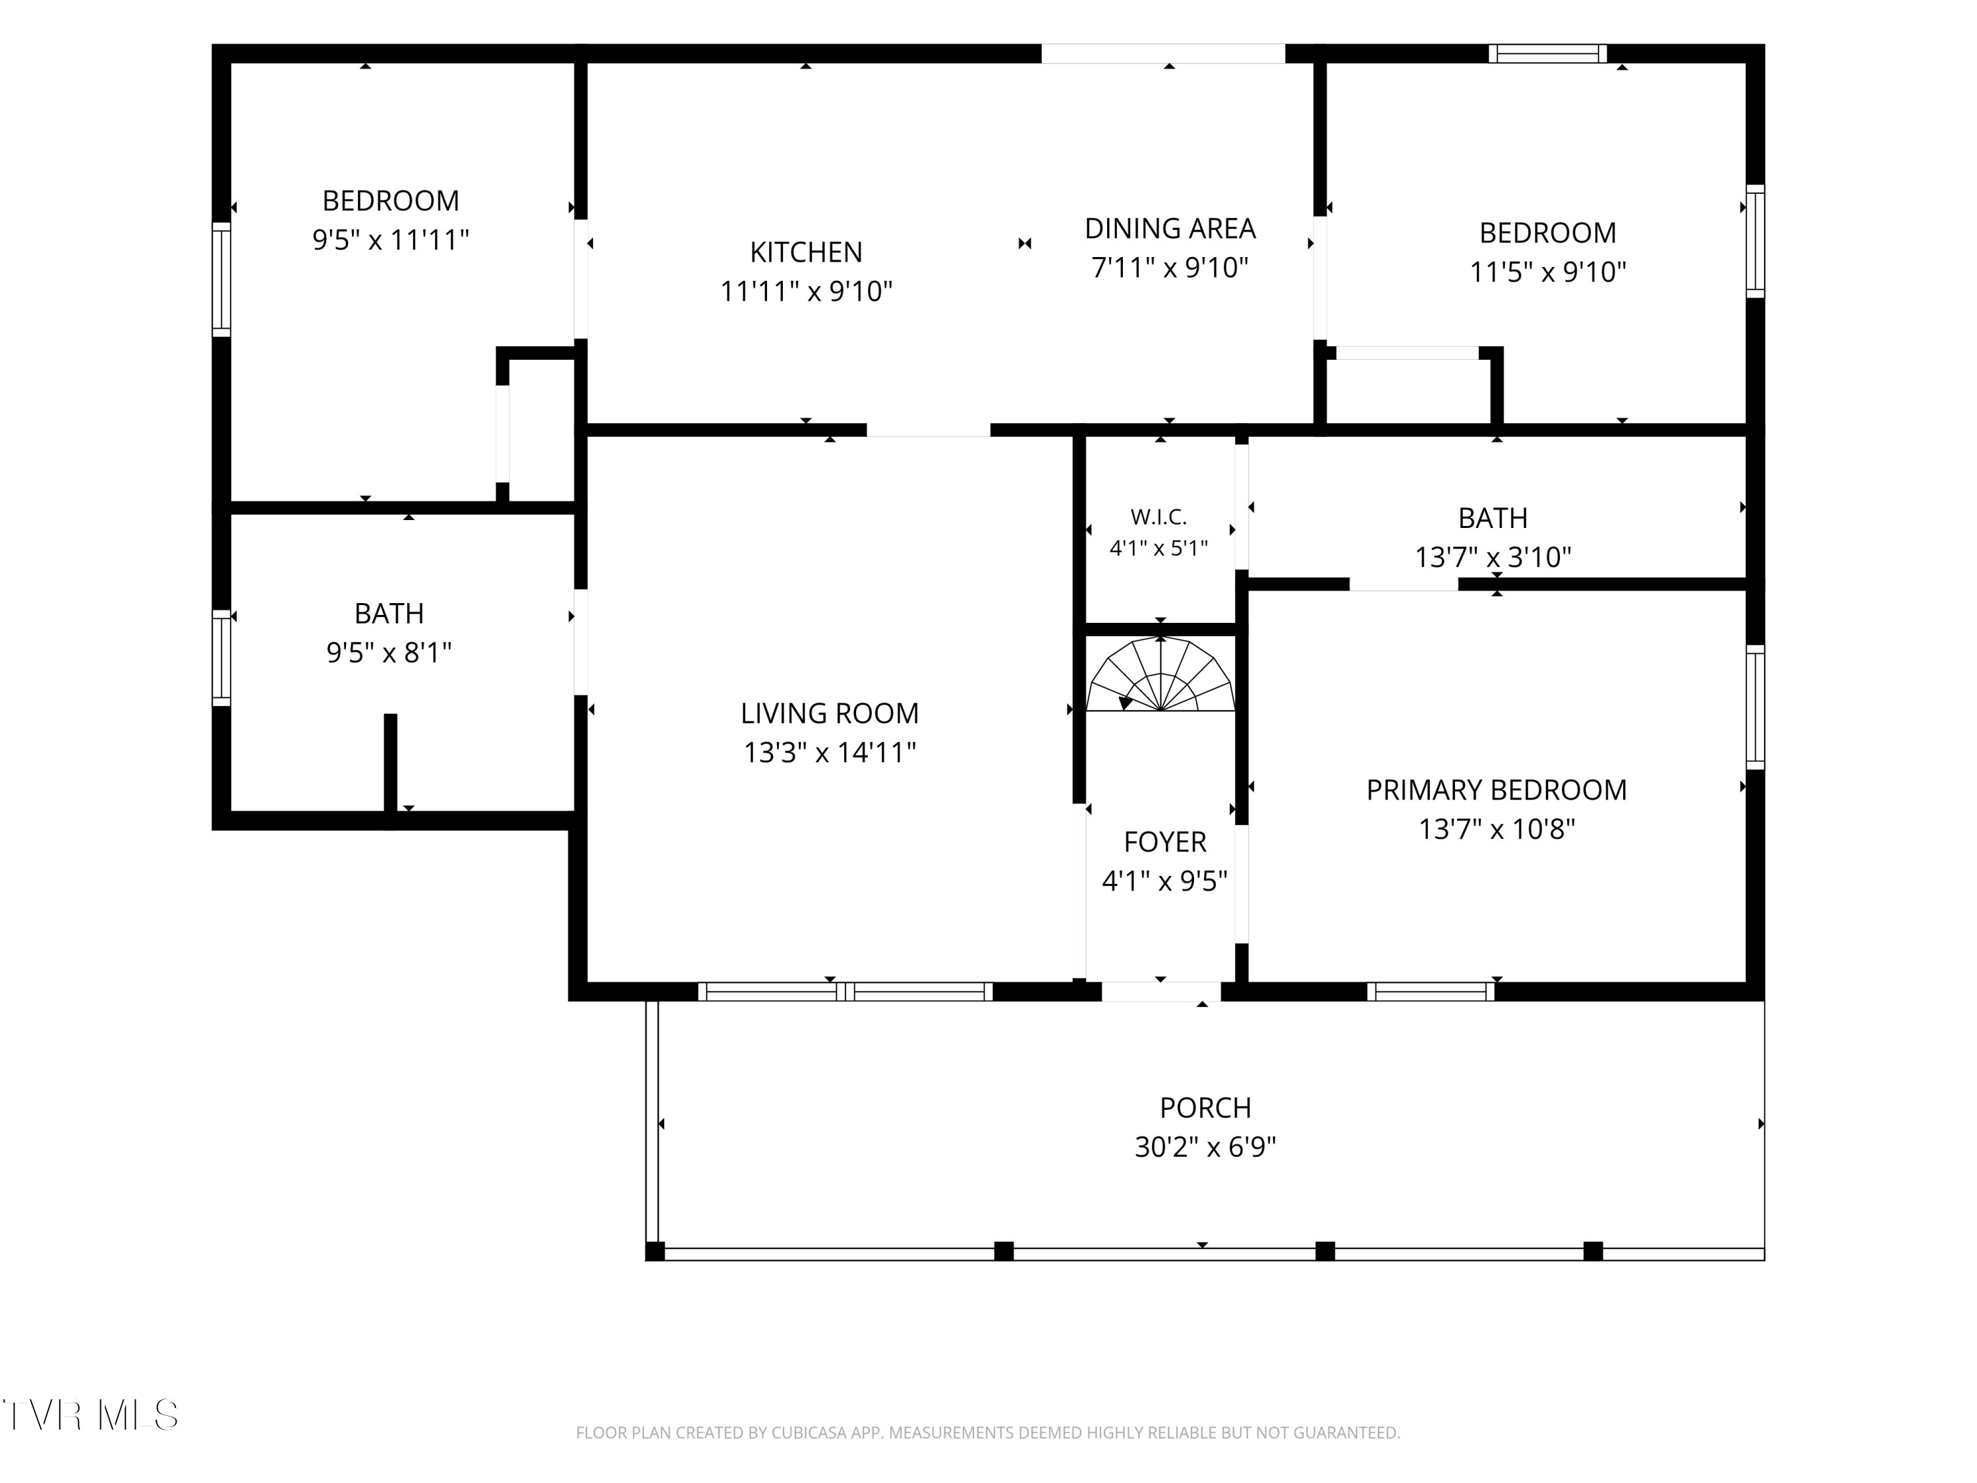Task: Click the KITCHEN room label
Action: coord(806,252)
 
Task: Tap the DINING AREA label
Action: coord(1170,229)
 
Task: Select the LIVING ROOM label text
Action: coord(830,713)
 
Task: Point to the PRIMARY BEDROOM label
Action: coord(1496,790)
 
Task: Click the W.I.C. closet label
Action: coord(1159,517)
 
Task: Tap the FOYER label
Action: coord(1164,842)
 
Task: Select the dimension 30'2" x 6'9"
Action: coord(1205,1147)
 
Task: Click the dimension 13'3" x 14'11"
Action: coord(830,753)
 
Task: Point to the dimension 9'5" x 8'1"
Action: coord(389,653)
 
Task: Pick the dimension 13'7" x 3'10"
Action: coord(1493,558)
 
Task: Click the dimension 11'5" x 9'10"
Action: coord(1548,272)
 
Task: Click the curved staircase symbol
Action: coord(1160,675)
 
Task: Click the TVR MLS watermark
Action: coord(90,1415)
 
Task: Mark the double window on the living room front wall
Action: coord(845,991)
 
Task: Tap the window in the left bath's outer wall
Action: coord(221,658)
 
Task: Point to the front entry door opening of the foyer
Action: coord(1161,991)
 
